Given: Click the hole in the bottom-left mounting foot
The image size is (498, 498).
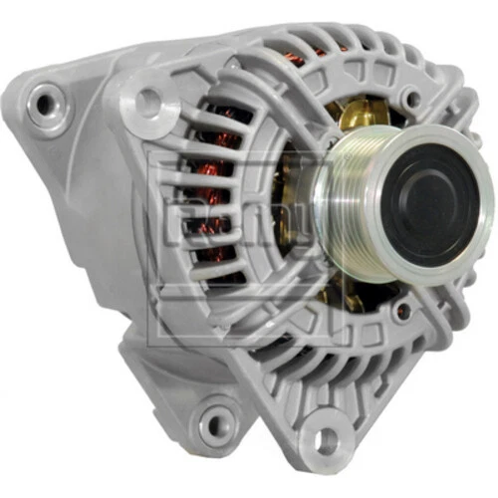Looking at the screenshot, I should pos(214,425).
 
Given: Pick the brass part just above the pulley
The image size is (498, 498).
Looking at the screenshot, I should pos(354,117).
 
